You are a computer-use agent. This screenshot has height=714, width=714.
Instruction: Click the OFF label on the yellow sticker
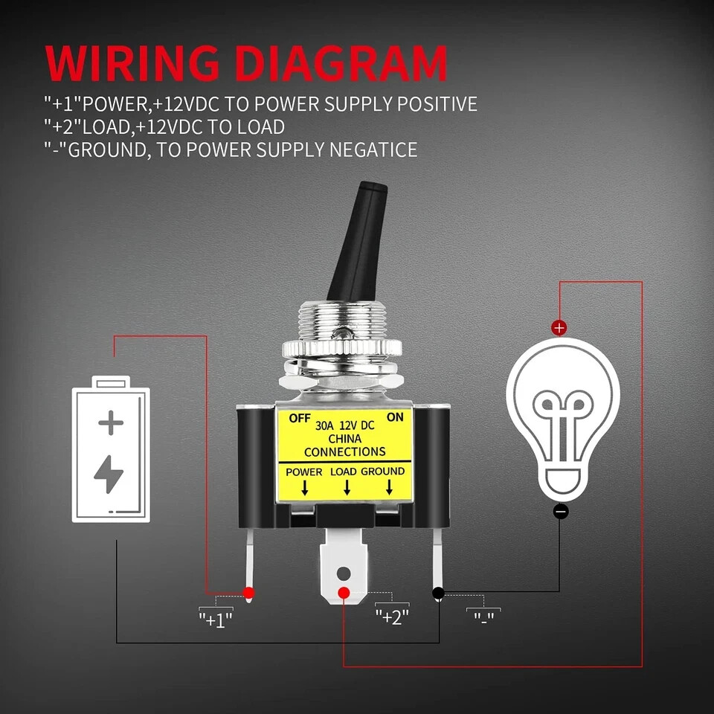pos(299,417)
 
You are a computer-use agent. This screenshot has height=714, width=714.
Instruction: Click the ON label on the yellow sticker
pos(396,417)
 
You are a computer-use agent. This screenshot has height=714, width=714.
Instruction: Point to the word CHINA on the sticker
pos(344,439)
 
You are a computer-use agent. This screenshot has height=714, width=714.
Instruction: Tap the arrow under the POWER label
pos(304,488)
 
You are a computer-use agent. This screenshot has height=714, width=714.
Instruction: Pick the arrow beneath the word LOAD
pos(346,488)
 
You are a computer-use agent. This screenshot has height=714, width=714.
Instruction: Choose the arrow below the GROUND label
pos(388,488)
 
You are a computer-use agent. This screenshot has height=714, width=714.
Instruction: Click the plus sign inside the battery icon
pos(111,424)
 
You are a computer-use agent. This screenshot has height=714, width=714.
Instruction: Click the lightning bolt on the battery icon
pos(110,475)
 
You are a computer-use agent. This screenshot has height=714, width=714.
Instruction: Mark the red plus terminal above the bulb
pos(559,327)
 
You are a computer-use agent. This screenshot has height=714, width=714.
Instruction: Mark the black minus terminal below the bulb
pos(561,511)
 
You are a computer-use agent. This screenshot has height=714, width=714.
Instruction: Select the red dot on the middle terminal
pos(344,593)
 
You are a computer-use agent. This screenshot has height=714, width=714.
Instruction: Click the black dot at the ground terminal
pos(438,593)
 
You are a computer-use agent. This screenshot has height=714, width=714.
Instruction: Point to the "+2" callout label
pos(392,617)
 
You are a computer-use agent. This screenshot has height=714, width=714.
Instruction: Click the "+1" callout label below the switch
pos(216,617)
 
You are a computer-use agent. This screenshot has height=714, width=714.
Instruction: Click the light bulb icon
pos(562,416)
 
